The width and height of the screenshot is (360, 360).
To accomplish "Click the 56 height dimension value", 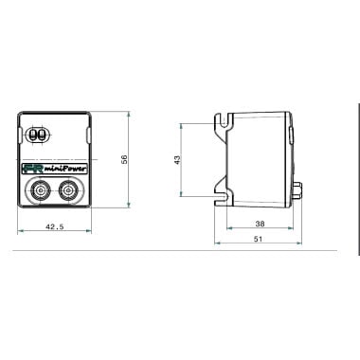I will click(x=125, y=159).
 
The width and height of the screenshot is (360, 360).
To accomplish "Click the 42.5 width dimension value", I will click(x=53, y=226).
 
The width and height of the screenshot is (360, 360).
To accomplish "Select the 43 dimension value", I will click(x=177, y=159).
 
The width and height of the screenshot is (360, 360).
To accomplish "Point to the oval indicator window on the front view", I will click(x=39, y=135).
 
